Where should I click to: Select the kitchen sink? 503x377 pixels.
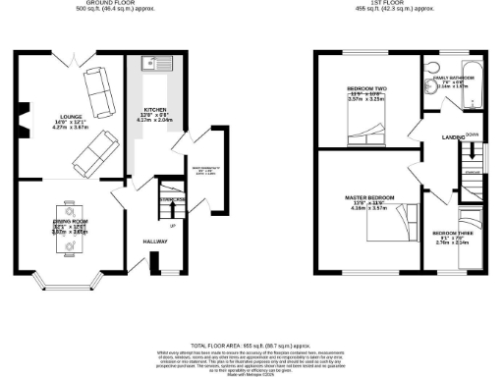tap(154, 64)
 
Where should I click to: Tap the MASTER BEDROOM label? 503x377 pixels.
tap(371, 197)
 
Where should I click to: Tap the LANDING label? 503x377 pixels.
tap(453, 137)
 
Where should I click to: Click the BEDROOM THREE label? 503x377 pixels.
tap(453, 233)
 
